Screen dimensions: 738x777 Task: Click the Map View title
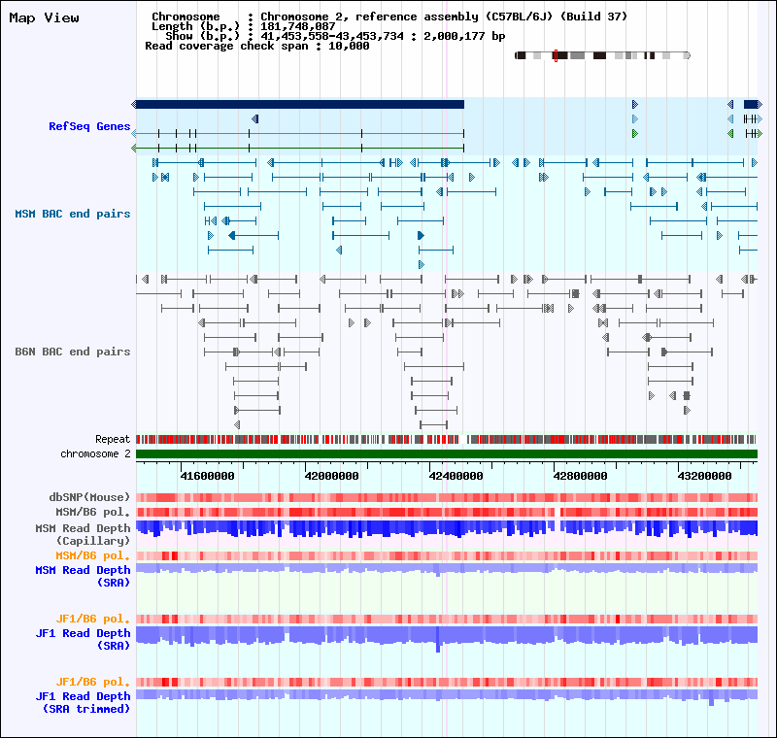44,17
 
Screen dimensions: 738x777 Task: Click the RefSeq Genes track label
89,126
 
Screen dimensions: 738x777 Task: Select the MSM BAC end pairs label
72,214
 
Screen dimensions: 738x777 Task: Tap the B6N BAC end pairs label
72,352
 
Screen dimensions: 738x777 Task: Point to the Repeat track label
113,439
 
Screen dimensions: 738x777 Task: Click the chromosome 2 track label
95,453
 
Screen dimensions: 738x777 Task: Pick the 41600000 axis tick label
207,476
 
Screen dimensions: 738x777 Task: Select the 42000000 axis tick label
331,476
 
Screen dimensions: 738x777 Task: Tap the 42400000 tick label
456,476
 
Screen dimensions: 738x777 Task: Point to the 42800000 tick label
580,476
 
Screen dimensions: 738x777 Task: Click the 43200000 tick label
704,476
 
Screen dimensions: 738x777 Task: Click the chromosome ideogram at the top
602,55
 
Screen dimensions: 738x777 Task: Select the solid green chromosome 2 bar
447,453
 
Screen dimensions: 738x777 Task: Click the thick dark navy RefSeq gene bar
299,104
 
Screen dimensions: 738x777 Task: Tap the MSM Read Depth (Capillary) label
83,534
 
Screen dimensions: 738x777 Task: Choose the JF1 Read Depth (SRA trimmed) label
83,702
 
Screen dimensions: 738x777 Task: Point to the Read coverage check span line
256,46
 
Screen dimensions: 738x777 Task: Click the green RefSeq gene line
299,149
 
